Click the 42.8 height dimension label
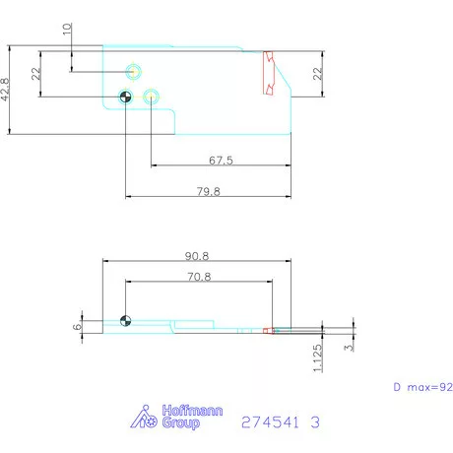pos(5,90)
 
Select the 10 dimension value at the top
pos(67,29)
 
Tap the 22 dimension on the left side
pos(36,74)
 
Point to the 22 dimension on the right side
pos(317,74)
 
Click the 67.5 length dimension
pos(221,161)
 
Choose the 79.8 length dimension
pos(209,191)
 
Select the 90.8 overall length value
pos(197,256)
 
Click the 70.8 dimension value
pos(199,277)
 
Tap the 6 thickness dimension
pos(77,327)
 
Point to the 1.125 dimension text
pos(317,357)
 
